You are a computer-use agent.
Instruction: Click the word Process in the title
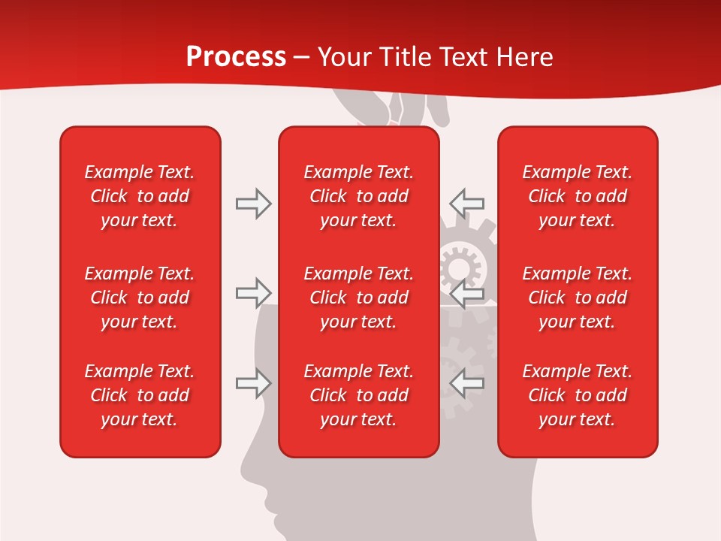[x=236, y=57]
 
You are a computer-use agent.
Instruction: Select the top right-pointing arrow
[x=253, y=204]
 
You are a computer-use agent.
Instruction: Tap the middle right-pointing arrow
[x=253, y=293]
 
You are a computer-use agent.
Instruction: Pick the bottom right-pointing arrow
[x=253, y=383]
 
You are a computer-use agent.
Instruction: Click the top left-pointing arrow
[x=466, y=203]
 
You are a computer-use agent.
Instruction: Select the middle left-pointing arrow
[x=466, y=293]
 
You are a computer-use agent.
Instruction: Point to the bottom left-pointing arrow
[x=466, y=383]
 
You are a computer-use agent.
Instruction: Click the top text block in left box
[x=140, y=196]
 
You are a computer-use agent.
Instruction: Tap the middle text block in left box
[x=140, y=298]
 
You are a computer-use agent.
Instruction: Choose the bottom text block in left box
[x=140, y=395]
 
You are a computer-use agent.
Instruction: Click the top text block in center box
[x=359, y=196]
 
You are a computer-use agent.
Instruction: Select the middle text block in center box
[x=359, y=298]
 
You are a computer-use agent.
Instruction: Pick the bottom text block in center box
[x=359, y=395]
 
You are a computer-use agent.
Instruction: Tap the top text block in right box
[x=578, y=196]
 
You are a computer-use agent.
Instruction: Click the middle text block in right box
[x=578, y=298]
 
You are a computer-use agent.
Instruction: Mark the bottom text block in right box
[x=578, y=395]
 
